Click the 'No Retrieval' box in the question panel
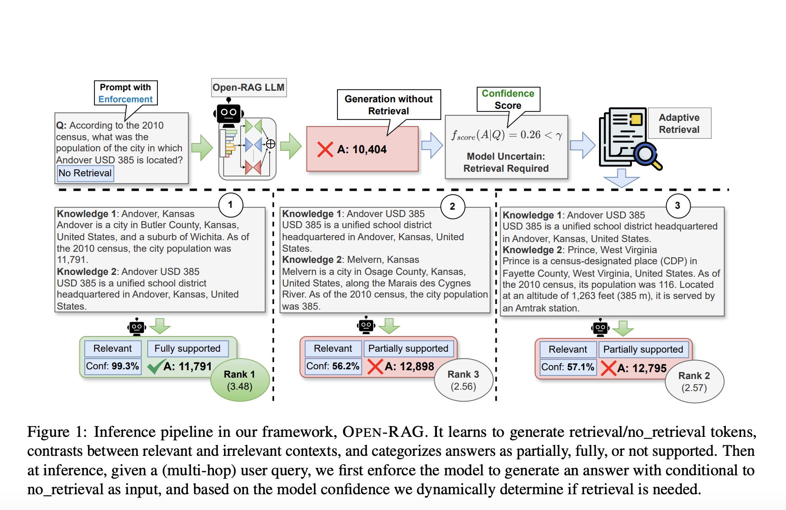pyautogui.click(x=85, y=173)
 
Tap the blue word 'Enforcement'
pyautogui.click(x=125, y=100)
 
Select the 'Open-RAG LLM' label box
pyautogui.click(x=249, y=87)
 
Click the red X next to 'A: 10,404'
pyautogui.click(x=325, y=149)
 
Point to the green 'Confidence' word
pyautogui.click(x=508, y=93)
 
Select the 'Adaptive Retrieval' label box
pyautogui.click(x=679, y=124)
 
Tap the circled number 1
pyautogui.click(x=231, y=205)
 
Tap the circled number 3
pyautogui.click(x=678, y=206)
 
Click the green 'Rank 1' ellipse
pyautogui.click(x=240, y=380)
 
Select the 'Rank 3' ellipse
pyautogui.click(x=463, y=380)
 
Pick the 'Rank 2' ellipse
pyautogui.click(x=694, y=381)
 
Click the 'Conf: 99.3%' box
pyautogui.click(x=112, y=366)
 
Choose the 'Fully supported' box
pyautogui.click(x=187, y=348)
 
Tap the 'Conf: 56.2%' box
pyautogui.click(x=333, y=366)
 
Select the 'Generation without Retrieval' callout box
pyautogui.click(x=389, y=105)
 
